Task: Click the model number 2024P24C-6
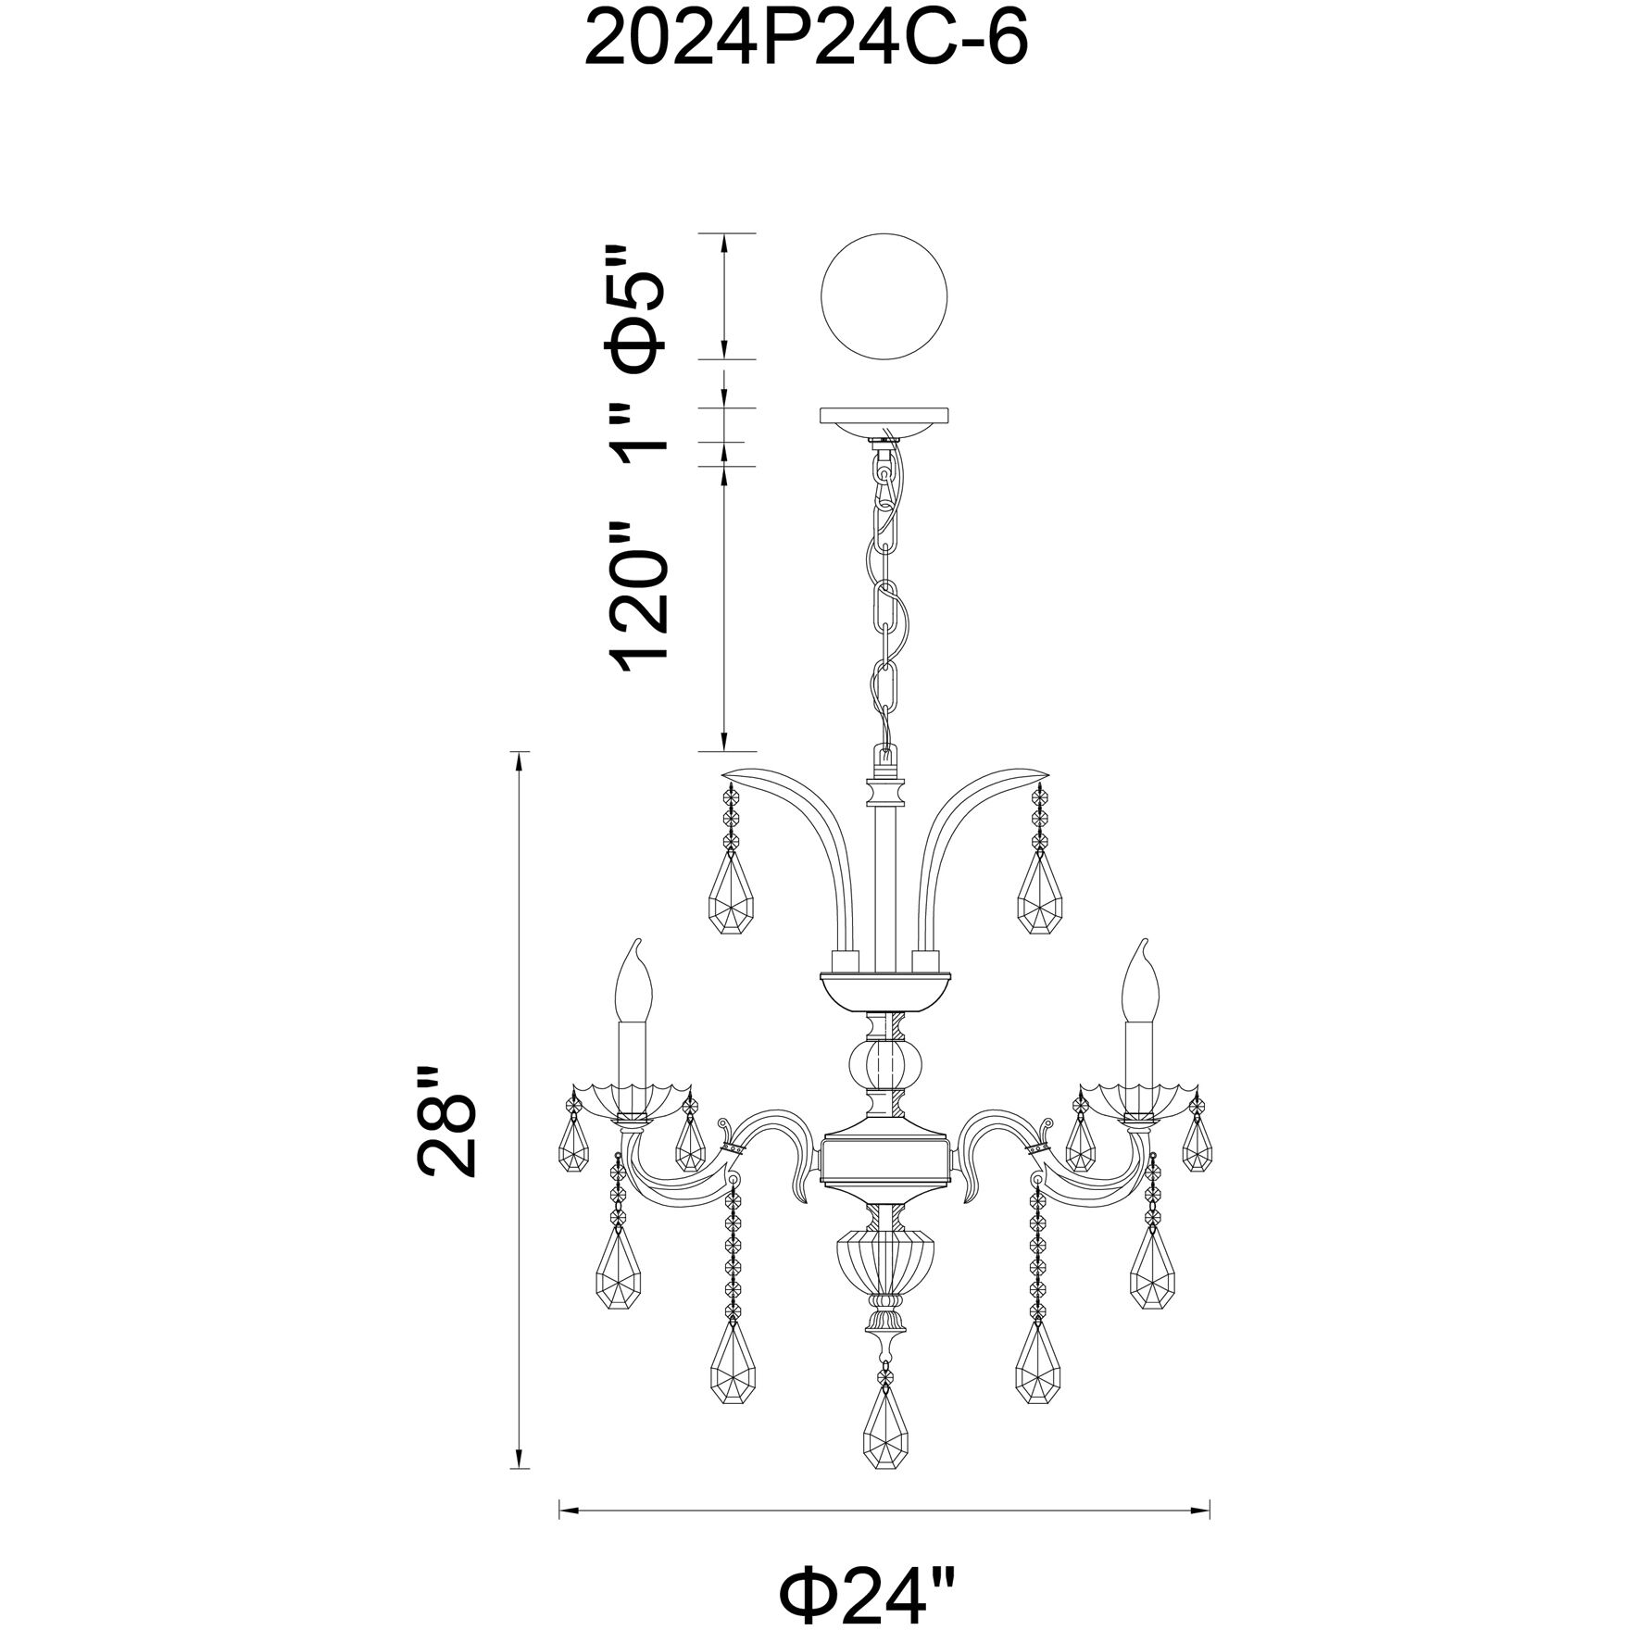[x=807, y=40]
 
